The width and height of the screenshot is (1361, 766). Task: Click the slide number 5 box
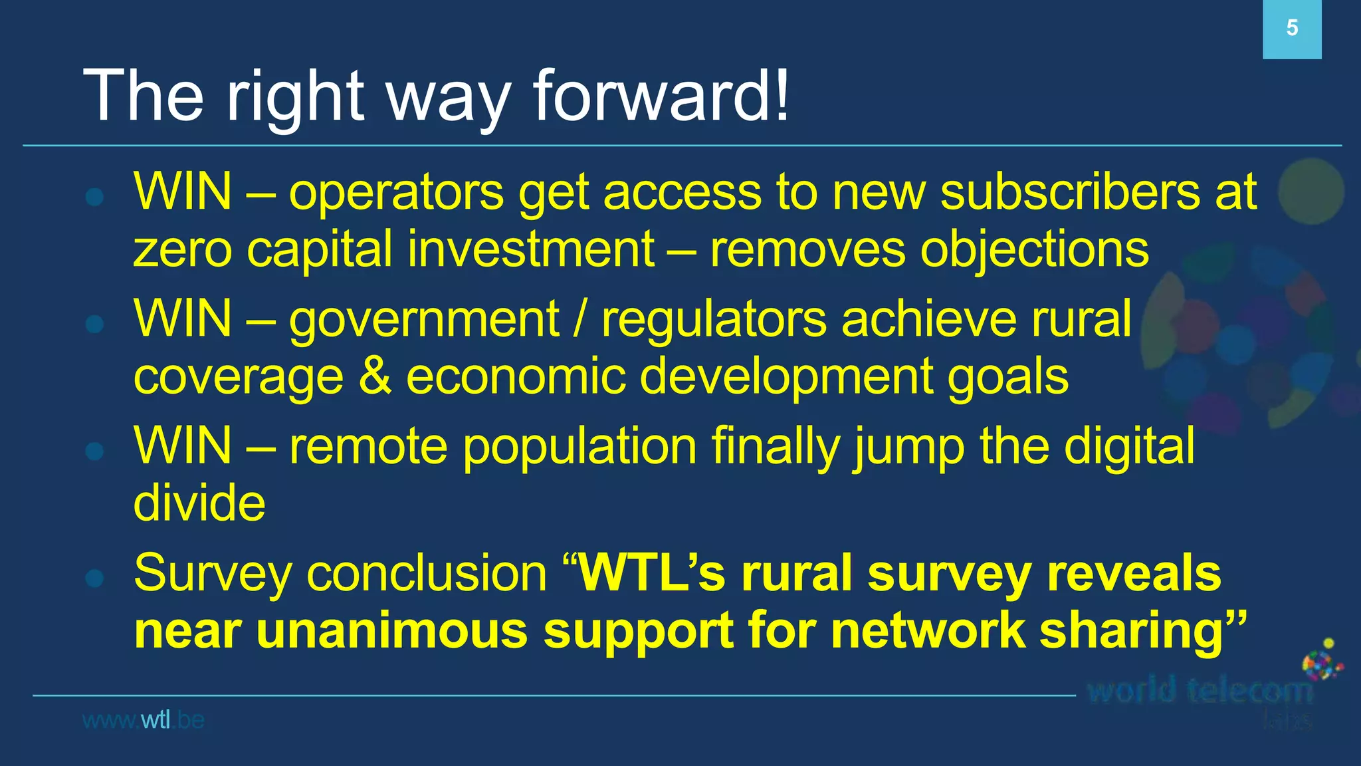click(1291, 29)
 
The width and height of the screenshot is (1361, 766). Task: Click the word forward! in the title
click(661, 96)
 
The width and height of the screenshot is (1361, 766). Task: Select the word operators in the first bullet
click(396, 193)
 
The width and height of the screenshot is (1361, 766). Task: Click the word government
click(424, 320)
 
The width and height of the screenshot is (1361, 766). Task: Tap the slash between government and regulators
click(580, 320)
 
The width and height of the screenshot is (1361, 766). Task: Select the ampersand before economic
click(375, 376)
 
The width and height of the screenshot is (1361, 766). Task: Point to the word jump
click(909, 447)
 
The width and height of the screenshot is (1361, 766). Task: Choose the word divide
click(199, 503)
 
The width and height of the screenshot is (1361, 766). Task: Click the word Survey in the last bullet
click(212, 574)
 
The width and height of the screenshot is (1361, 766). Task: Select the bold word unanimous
click(391, 630)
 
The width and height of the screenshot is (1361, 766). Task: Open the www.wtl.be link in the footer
click(143, 720)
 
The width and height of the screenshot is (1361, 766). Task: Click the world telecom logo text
click(1200, 692)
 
